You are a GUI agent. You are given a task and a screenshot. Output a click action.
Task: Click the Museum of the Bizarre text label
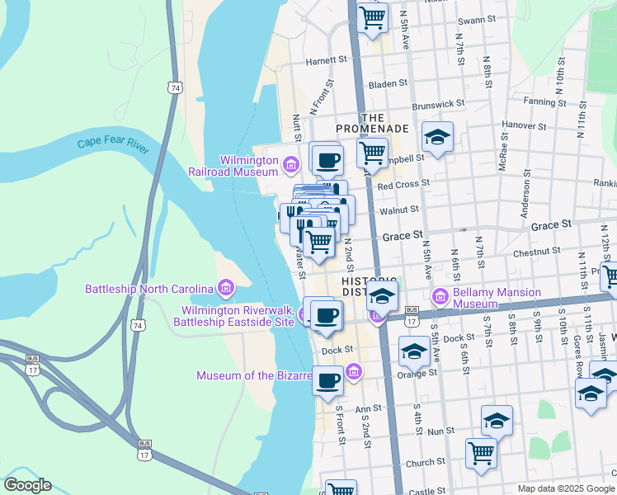[254, 376]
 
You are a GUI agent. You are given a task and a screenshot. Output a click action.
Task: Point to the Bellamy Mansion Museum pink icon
[440, 295]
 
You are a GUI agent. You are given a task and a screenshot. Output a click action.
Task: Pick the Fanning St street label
[544, 102]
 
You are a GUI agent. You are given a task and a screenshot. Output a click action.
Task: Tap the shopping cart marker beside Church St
[481, 451]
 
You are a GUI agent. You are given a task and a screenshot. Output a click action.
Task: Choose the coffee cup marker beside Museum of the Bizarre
[327, 380]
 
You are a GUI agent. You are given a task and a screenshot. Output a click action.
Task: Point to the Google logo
[27, 485]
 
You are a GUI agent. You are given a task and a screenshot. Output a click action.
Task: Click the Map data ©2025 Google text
[566, 488]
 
